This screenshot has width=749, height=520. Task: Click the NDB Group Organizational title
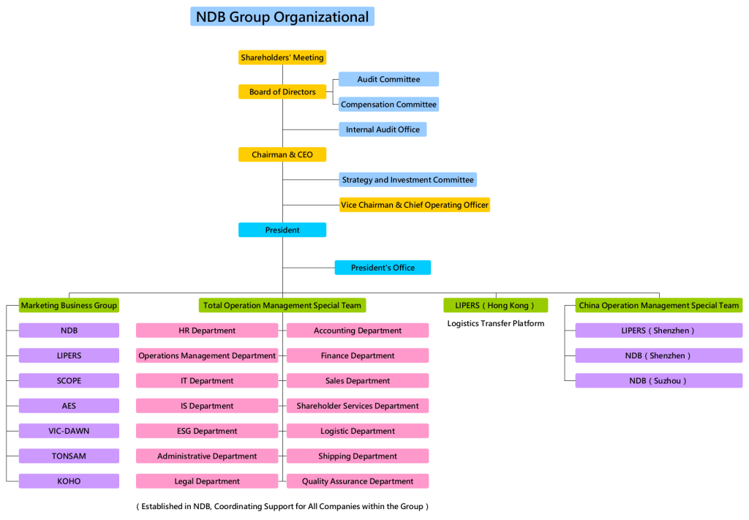pyautogui.click(x=282, y=17)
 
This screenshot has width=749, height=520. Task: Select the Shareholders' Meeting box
pyautogui.click(x=282, y=58)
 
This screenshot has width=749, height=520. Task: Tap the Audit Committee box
pyautogui.click(x=388, y=79)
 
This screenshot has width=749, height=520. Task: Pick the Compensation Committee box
pyautogui.click(x=388, y=105)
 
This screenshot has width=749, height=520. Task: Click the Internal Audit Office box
pyautogui.click(x=383, y=129)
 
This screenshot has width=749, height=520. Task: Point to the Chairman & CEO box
pyautogui.click(x=282, y=155)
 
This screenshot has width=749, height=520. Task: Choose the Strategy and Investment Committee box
pyautogui.click(x=407, y=180)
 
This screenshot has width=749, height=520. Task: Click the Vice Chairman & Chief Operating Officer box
pyautogui.click(x=414, y=205)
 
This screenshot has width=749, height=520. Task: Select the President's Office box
pyautogui.click(x=383, y=268)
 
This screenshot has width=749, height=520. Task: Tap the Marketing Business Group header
pyautogui.click(x=69, y=306)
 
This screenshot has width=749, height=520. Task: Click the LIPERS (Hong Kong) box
pyautogui.click(x=495, y=306)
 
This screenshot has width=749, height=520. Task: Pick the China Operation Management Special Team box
pyautogui.click(x=658, y=306)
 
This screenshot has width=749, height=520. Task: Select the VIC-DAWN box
pyautogui.click(x=69, y=432)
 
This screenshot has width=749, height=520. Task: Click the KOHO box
pyautogui.click(x=69, y=481)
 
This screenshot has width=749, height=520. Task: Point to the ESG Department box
pyautogui.click(x=207, y=432)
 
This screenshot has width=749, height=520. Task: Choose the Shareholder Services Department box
pyautogui.click(x=358, y=406)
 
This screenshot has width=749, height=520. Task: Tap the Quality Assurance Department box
pyautogui.click(x=358, y=481)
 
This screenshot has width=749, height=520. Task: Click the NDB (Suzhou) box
pyautogui.click(x=658, y=381)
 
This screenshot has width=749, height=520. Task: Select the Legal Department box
pyautogui.click(x=207, y=481)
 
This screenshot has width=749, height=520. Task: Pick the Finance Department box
pyautogui.click(x=358, y=356)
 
